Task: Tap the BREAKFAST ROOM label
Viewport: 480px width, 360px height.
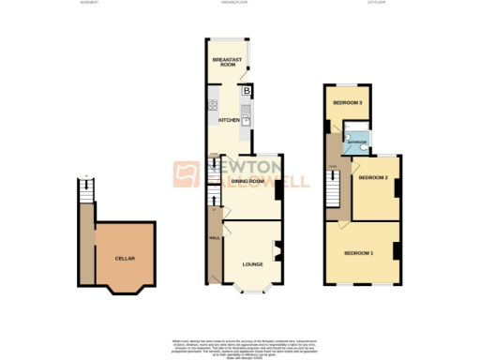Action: (x=227, y=63)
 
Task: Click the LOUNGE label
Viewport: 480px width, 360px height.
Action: (x=252, y=264)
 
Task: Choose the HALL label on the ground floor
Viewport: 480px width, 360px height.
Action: (x=214, y=236)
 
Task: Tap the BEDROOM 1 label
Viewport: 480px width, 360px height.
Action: (x=358, y=254)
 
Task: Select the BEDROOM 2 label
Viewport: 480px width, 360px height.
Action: (x=373, y=177)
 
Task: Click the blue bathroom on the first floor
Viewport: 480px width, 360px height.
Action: (x=356, y=142)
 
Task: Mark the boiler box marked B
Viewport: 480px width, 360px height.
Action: (x=247, y=92)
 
